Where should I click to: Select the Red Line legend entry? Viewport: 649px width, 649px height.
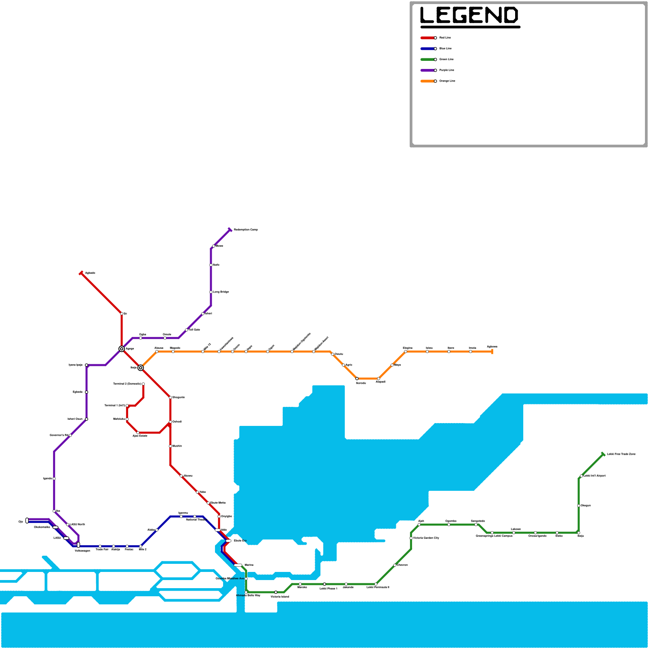(x=445, y=38)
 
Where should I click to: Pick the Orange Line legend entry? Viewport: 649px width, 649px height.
(x=447, y=81)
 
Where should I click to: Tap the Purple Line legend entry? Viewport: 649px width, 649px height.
(x=447, y=70)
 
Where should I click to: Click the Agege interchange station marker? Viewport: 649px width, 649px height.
(x=122, y=349)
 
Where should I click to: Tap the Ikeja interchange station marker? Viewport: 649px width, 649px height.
(x=141, y=368)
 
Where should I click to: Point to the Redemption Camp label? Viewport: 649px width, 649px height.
(x=246, y=230)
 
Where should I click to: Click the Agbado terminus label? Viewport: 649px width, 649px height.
(x=90, y=273)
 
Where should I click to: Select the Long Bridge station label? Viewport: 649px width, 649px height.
(x=221, y=292)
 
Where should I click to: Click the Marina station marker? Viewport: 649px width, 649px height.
(x=238, y=565)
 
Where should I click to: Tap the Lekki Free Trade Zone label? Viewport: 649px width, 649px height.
(x=621, y=454)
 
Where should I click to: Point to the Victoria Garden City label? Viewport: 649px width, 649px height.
(x=426, y=538)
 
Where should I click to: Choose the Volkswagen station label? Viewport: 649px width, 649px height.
(x=82, y=551)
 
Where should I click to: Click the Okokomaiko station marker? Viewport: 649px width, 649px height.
(x=56, y=527)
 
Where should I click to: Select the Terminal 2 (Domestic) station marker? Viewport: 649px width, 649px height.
(x=143, y=384)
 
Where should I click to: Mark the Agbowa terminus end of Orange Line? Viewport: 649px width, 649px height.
(x=492, y=352)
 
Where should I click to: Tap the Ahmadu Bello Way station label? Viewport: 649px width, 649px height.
(x=248, y=595)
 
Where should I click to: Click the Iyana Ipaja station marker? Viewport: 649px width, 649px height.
(x=86, y=365)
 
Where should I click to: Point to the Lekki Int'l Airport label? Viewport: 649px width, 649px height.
(x=594, y=476)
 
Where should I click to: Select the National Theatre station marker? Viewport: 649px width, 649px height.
(x=195, y=516)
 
